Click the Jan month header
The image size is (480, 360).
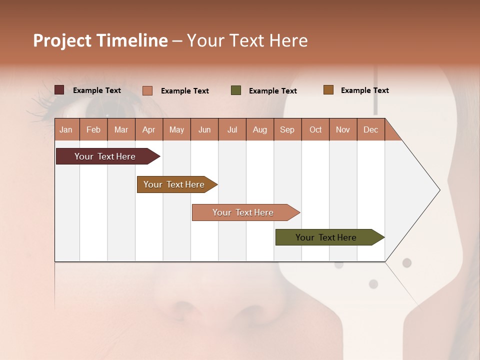click(x=66, y=129)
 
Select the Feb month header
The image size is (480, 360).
click(x=93, y=129)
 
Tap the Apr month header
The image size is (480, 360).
click(x=148, y=129)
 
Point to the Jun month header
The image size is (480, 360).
click(x=204, y=129)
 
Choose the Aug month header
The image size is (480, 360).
click(x=259, y=129)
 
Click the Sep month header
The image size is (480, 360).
click(x=287, y=129)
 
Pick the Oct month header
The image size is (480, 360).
click(x=315, y=129)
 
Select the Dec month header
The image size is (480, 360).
click(x=370, y=129)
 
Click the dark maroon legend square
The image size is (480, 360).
click(x=59, y=90)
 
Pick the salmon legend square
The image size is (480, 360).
click(x=147, y=90)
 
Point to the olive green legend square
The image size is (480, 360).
click(x=236, y=90)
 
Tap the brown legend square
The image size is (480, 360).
click(x=328, y=90)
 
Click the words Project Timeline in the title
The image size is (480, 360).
click(x=100, y=40)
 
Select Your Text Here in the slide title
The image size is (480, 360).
click(x=247, y=40)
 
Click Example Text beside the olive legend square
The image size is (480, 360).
click(x=272, y=91)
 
